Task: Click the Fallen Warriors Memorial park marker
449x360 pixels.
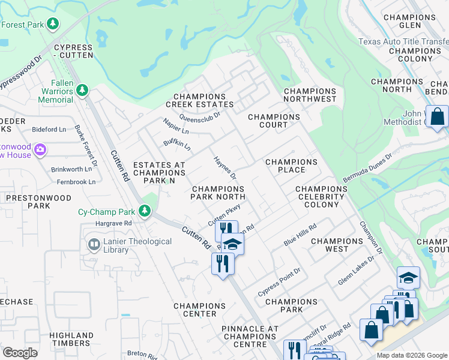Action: point(82,91)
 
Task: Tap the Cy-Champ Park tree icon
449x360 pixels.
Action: point(144,211)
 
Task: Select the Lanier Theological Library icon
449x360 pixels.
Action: point(94,245)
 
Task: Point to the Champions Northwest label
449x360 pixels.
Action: point(310,95)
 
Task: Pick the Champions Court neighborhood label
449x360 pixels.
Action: point(274,121)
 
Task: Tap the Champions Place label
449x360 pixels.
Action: point(291,166)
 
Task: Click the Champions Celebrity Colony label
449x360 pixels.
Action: point(321,196)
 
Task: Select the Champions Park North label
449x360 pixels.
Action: point(218,193)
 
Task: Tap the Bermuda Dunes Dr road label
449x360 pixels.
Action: point(367,168)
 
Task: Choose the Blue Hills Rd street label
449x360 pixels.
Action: point(300,235)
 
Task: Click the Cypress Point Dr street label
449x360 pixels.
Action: point(279,282)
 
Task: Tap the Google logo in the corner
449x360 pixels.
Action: point(20,353)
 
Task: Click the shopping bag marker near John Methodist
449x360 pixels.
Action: point(438,116)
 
